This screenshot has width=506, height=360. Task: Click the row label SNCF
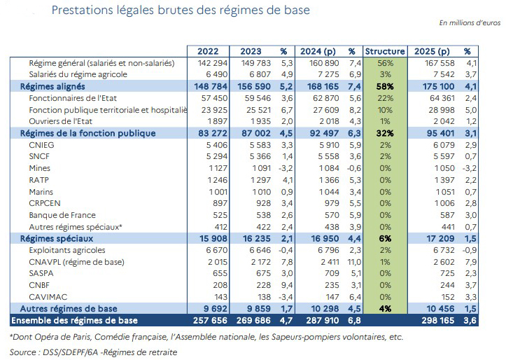pyautogui.click(x=39, y=155)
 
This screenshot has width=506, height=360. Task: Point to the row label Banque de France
pyautogui.click(x=62, y=215)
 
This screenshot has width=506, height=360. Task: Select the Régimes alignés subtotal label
pyautogui.click(x=52, y=85)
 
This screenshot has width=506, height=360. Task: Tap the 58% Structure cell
pyautogui.click(x=385, y=85)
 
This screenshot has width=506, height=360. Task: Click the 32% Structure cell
pyautogui.click(x=385, y=132)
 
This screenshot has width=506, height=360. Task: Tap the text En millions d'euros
pyautogui.click(x=470, y=23)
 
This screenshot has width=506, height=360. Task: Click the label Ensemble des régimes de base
pyautogui.click(x=75, y=320)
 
